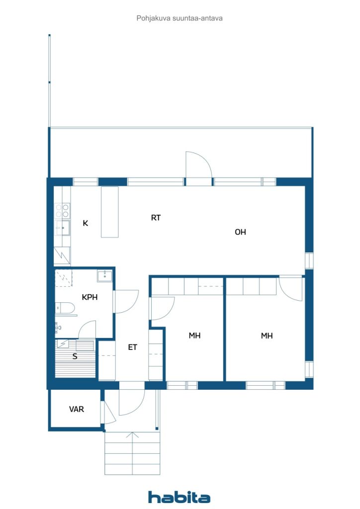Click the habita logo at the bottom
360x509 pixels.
pos(179,497)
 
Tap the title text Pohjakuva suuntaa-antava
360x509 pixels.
pos(180,18)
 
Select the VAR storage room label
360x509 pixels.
pos(76,409)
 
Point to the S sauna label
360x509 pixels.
pos(75,356)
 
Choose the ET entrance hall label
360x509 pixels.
pos(132,347)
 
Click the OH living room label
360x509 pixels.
pos(240,232)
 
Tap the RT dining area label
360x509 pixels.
pos(156,217)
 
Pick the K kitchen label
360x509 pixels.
pos(86,223)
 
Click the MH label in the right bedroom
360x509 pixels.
pos(267,336)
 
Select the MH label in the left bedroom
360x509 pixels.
pos(194,336)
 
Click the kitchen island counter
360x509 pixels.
pos(110,212)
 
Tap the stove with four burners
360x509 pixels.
pos(62,210)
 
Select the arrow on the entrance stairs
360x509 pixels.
pos(132,436)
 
